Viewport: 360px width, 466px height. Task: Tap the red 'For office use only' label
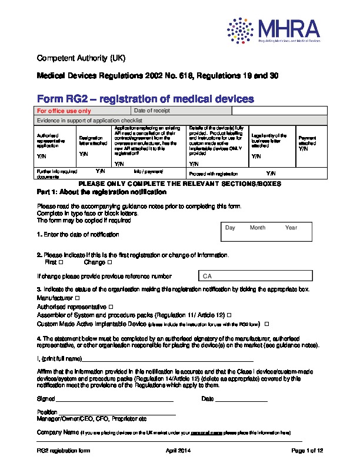coord(64,111)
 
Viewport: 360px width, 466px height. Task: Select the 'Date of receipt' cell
coord(152,111)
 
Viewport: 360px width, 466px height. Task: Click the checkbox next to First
coord(62,262)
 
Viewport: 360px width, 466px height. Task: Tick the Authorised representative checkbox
coord(111,307)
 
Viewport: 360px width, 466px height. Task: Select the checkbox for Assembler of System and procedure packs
coord(229,315)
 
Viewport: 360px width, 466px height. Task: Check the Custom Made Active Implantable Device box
coord(267,324)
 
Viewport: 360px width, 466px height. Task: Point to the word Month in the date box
coord(258,228)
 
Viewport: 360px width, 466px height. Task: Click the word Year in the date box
coord(291,228)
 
